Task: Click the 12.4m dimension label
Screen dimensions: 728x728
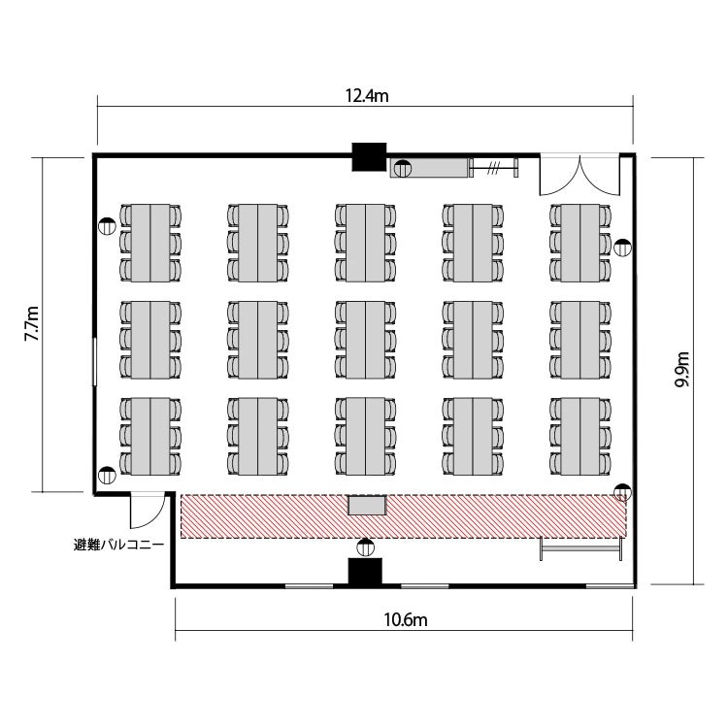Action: [x=366, y=96]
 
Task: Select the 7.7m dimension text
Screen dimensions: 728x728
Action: [x=32, y=323]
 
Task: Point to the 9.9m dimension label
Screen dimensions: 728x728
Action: [x=682, y=369]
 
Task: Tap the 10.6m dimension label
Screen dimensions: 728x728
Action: [x=405, y=620]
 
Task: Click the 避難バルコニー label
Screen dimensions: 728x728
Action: [x=118, y=545]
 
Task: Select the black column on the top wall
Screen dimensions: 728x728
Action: [x=369, y=157]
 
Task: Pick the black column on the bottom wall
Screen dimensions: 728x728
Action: [x=365, y=572]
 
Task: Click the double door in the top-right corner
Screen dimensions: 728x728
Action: [x=579, y=176]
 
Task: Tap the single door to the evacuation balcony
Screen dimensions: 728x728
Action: [x=148, y=511]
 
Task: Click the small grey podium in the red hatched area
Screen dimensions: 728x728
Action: [x=367, y=505]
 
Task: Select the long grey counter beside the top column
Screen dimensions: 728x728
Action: [x=429, y=168]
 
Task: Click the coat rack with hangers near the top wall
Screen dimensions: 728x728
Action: [x=493, y=168]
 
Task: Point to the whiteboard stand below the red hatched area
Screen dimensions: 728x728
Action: [x=580, y=548]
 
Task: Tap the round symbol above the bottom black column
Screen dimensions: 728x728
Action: [x=365, y=547]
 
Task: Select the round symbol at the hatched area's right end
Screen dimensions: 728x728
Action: [x=621, y=492]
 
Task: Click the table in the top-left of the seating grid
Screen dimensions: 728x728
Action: [x=150, y=243]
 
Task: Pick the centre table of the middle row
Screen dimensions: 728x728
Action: [x=365, y=340]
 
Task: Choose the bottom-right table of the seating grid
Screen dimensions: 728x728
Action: [x=580, y=437]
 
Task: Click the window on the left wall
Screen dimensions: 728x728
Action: [x=95, y=362]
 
